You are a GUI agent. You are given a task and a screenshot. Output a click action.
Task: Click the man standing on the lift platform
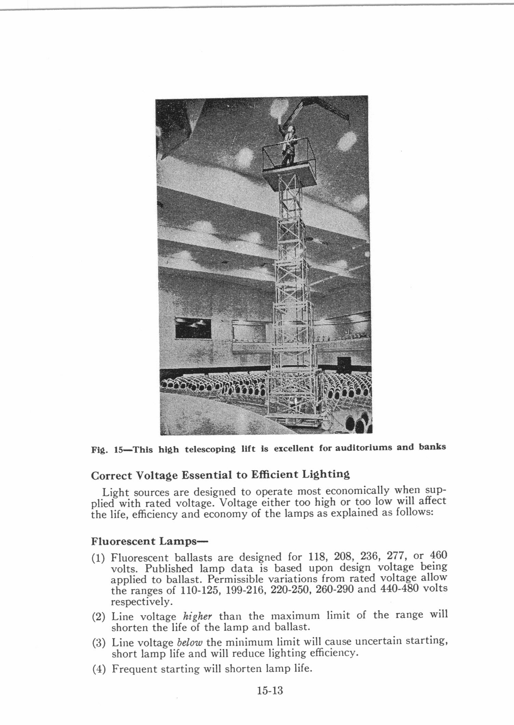[x=288, y=145]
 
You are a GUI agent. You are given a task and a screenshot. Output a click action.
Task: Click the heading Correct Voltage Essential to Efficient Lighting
[x=220, y=475]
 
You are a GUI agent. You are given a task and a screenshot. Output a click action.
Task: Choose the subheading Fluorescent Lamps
[x=149, y=541]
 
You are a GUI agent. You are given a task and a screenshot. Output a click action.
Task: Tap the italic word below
[x=190, y=642]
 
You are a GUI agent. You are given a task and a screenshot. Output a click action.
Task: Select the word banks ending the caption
[x=432, y=447]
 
